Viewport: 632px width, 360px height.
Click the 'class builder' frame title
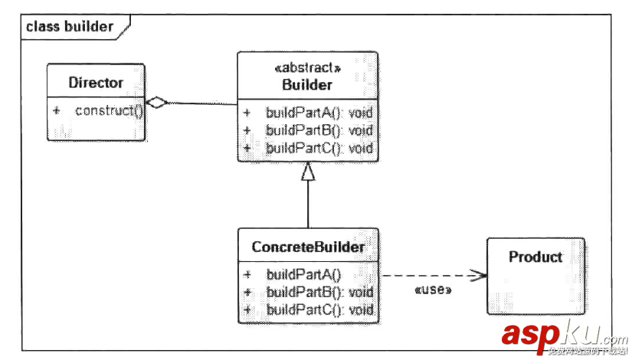point(69,27)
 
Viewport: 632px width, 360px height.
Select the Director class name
point(96,83)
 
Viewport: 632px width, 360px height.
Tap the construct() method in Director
point(110,111)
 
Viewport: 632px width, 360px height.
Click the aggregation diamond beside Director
point(156,103)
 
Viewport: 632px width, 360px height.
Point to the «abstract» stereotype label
point(307,68)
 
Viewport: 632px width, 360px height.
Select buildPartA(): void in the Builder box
point(319,113)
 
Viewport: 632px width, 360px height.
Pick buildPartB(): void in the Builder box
point(319,130)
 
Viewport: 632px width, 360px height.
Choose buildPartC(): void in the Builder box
point(319,148)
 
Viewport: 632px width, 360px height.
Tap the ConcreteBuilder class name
point(308,247)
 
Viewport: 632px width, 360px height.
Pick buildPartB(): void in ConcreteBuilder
point(319,292)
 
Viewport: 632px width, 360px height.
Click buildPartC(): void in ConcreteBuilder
point(319,309)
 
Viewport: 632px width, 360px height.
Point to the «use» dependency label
point(432,291)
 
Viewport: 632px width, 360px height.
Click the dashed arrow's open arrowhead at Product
point(479,276)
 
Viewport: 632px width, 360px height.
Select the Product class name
point(535,257)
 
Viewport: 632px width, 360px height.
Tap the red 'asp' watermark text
point(529,335)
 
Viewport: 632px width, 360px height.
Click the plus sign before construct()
point(56,111)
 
